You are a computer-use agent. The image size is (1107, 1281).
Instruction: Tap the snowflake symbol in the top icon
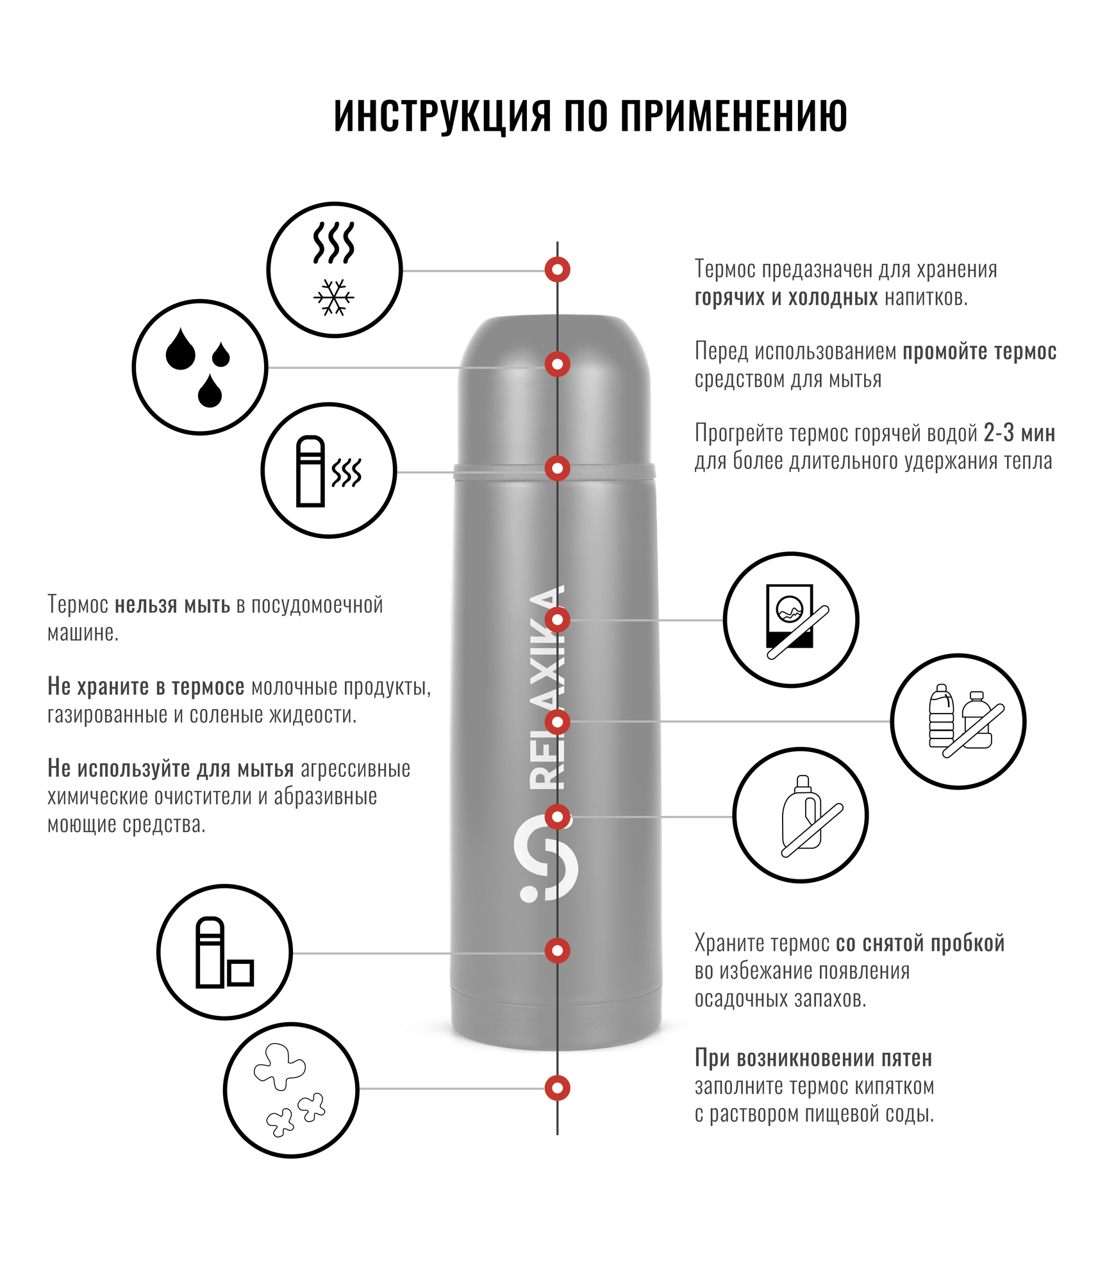click(334, 297)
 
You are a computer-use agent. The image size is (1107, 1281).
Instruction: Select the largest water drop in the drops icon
click(180, 350)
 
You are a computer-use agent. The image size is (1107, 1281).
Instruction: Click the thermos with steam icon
click(329, 471)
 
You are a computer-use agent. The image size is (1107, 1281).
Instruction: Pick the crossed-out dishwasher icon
click(791, 619)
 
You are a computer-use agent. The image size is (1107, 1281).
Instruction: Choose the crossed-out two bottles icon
click(958, 721)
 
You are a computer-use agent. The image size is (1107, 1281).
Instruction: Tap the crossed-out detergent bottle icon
click(801, 815)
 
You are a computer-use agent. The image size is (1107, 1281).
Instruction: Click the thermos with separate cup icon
click(224, 952)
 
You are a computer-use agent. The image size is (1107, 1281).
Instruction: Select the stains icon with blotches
click(291, 1089)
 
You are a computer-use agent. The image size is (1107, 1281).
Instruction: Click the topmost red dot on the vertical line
click(558, 270)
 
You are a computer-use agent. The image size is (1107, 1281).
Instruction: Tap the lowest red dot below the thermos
click(558, 1088)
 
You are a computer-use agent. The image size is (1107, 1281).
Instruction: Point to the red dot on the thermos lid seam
click(558, 468)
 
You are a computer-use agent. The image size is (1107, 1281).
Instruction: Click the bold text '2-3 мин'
click(1019, 434)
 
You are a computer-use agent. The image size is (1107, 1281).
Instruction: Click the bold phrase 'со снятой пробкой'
click(920, 943)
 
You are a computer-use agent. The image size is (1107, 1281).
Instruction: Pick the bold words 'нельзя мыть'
click(172, 605)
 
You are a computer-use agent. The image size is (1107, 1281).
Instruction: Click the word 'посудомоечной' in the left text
click(317, 605)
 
